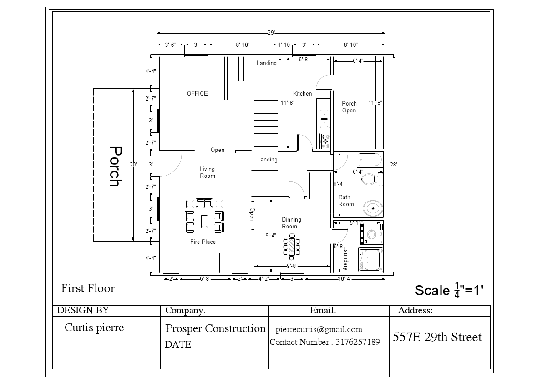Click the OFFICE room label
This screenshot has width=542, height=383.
coord(197,93)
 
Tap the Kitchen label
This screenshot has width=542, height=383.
coord(302,93)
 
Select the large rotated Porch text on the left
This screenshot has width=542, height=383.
coord(115,166)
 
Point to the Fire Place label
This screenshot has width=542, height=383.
coord(203,242)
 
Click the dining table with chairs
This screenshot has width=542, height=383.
coord(292,247)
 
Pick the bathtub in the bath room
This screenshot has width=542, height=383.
coord(370,160)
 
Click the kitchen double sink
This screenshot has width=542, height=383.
coord(325,118)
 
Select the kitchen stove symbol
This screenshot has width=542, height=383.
coord(325,141)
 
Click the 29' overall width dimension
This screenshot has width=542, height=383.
coord(271,33)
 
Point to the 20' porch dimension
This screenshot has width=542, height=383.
coord(133,165)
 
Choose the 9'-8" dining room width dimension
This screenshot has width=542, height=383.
coord(292,266)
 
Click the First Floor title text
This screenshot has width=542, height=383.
coord(88,288)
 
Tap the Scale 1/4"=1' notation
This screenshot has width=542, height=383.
coord(448,290)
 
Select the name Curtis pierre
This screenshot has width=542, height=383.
coord(94,328)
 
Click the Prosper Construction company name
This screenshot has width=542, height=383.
coord(215,328)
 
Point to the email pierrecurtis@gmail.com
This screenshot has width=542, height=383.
coord(319,329)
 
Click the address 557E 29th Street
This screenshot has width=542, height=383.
coord(437,337)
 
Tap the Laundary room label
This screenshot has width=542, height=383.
coord(345,258)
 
